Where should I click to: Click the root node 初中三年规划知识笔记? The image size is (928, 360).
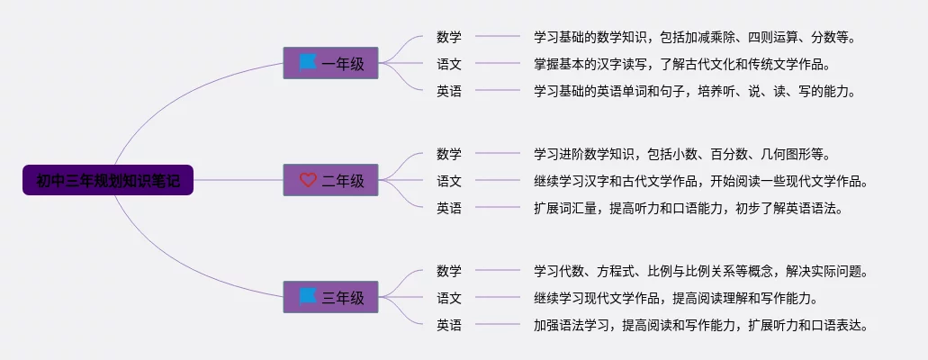point(108,180)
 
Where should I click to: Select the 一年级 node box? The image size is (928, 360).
point(330,63)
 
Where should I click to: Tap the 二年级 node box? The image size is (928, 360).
point(330,180)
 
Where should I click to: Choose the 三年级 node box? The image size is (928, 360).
point(330,297)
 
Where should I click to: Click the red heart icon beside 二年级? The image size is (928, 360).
point(308,180)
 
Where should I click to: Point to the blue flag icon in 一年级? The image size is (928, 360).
point(308,62)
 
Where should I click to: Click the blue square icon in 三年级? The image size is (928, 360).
point(308,296)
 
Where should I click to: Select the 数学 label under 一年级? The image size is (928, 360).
point(449,37)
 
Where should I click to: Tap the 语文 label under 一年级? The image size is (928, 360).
point(449,64)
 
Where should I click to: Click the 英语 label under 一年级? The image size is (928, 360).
point(449,91)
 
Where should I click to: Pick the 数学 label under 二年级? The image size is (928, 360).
point(449,154)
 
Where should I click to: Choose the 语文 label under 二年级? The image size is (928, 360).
point(449,181)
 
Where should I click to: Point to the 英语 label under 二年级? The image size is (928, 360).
point(449,208)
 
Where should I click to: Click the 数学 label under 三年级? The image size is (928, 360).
point(449,271)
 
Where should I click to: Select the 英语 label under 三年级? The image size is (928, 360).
point(449,325)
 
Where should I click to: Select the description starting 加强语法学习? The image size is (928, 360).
point(700,325)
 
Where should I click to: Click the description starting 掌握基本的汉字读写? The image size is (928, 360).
point(681,64)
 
